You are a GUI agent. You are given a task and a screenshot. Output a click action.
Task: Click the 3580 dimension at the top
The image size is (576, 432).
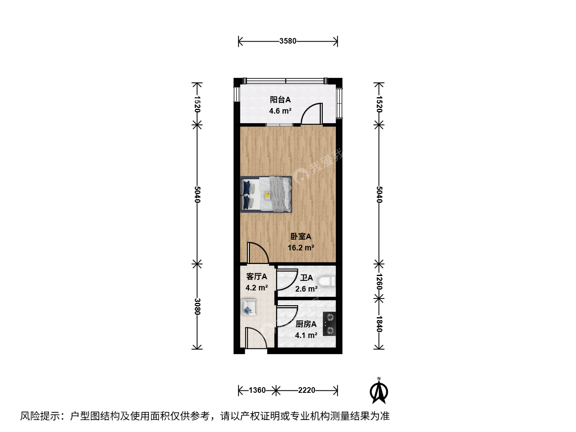click(x=288, y=41)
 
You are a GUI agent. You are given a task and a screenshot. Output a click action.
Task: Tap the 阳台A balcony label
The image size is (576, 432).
click(x=280, y=100)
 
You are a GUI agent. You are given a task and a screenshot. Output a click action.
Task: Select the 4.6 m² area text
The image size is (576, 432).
click(x=280, y=111)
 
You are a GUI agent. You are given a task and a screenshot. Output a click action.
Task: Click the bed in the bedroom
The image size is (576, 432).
click(x=266, y=194)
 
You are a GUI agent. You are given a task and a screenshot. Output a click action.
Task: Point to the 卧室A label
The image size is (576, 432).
click(x=301, y=236)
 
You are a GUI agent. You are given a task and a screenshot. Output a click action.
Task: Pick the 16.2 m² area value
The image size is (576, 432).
click(x=301, y=248)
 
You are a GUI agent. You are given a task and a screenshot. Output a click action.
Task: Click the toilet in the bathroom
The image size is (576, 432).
click(x=327, y=282)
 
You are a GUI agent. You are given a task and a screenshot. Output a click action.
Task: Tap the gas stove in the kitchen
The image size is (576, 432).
click(x=329, y=324)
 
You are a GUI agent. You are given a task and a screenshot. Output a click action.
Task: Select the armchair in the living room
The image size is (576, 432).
click(x=248, y=307)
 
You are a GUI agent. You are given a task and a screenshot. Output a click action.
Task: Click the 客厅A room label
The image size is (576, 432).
click(x=257, y=277)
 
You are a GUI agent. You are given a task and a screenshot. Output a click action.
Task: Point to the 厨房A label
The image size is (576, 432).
click(x=306, y=324)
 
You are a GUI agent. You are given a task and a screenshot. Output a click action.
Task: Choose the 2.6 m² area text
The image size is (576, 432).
click(x=306, y=289)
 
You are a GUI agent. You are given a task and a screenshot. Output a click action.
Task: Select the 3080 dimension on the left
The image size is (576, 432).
click(x=197, y=307)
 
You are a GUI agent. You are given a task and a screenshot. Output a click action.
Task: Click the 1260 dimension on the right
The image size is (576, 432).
click(x=379, y=282)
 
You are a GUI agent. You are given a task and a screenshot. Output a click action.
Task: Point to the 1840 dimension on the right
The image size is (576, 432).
click(x=379, y=324)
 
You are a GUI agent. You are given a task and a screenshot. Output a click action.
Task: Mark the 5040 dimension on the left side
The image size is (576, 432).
click(x=197, y=194)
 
